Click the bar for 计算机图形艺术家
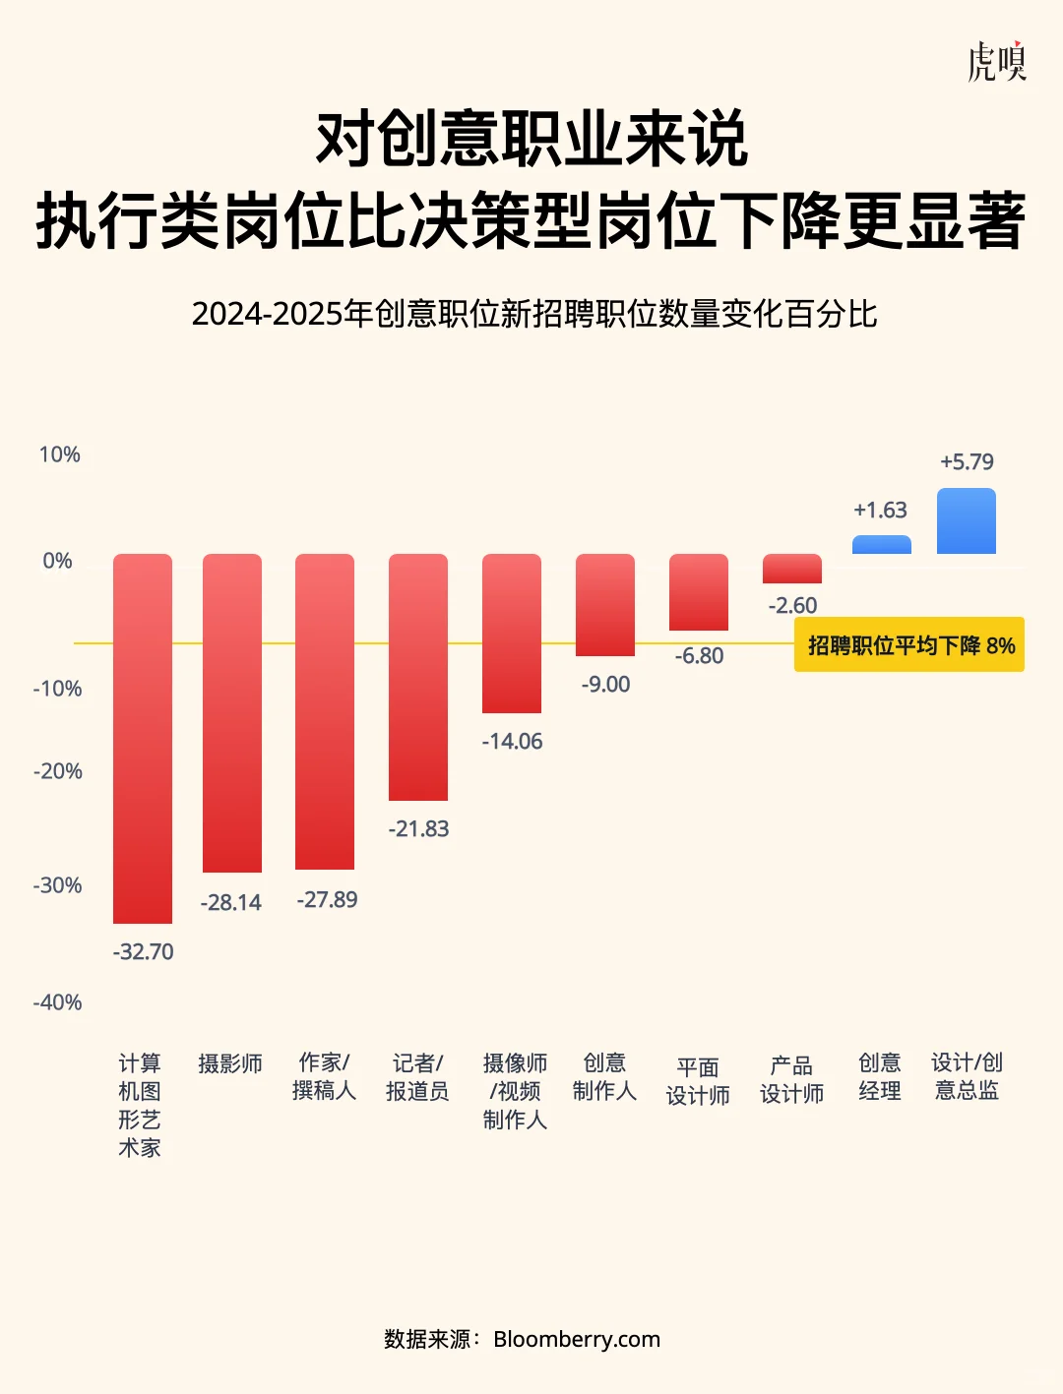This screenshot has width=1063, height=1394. pyautogui.click(x=143, y=738)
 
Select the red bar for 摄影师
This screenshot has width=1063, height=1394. pyautogui.click(x=232, y=712)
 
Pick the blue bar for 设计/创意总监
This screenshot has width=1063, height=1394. pyautogui.click(x=967, y=520)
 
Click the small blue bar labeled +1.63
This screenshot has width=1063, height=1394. pyautogui.click(x=881, y=545)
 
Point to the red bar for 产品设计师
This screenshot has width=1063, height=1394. pyautogui.click(x=792, y=569)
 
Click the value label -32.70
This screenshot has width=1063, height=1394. pyautogui.click(x=143, y=952)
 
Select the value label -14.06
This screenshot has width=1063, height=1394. pyautogui.click(x=512, y=742)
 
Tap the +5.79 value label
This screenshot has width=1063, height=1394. pyautogui.click(x=967, y=462)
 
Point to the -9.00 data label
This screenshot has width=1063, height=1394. pyautogui.click(x=605, y=685)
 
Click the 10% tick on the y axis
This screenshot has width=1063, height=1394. pyautogui.click(x=59, y=455)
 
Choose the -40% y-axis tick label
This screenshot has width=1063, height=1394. pyautogui.click(x=58, y=1002)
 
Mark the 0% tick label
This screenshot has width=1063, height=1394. pyautogui.click(x=58, y=561)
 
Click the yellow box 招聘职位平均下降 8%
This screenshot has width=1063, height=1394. pyautogui.click(x=909, y=645)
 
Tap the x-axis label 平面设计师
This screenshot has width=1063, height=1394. pyautogui.click(x=698, y=1081)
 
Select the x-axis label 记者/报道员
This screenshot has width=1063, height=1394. pyautogui.click(x=417, y=1077)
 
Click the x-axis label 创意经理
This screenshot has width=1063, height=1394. pyautogui.click(x=880, y=1077)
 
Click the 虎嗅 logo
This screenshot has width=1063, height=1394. pyautogui.click(x=996, y=61)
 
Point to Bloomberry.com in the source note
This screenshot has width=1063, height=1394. pyautogui.click(x=577, y=1339)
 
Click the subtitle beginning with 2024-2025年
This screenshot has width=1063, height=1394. pyautogui.click(x=533, y=315)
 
